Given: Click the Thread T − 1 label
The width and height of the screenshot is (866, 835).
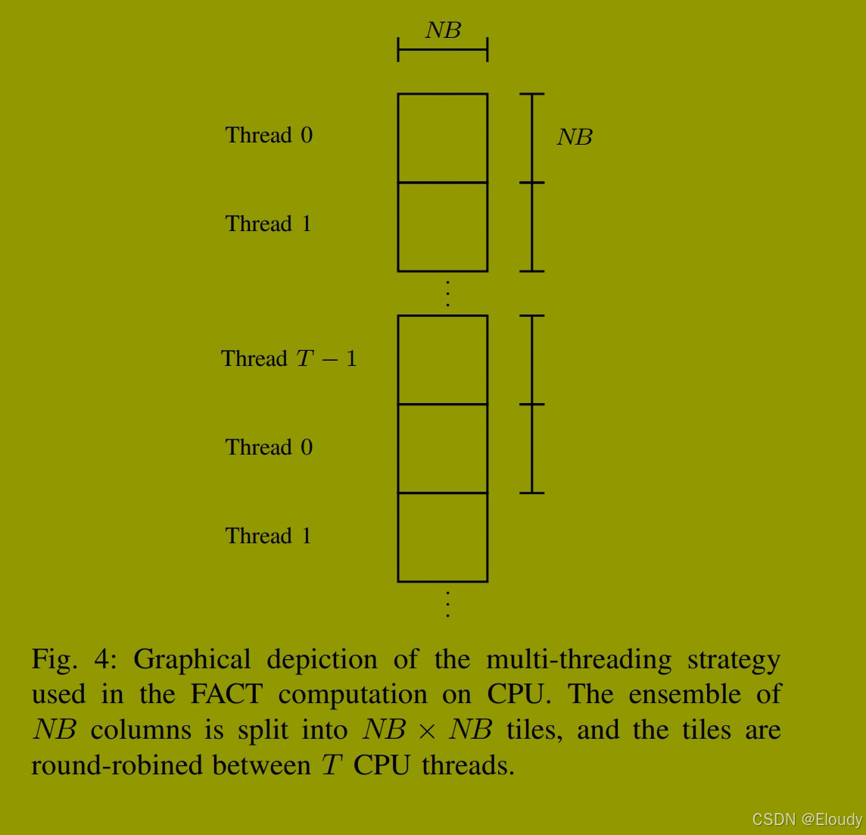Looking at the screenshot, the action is (x=288, y=358).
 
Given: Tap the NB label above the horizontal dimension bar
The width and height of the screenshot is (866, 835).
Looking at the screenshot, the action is (x=443, y=30).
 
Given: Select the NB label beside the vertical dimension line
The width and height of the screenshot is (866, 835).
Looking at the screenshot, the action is (x=575, y=137).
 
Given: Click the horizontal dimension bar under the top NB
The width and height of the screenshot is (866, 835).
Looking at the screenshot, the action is (x=443, y=50).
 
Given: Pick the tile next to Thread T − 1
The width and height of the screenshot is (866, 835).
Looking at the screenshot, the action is (x=443, y=360).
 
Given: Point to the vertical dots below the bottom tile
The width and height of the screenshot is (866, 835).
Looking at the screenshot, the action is (x=448, y=605).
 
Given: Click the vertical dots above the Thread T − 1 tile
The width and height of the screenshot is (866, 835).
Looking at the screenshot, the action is (x=448, y=293).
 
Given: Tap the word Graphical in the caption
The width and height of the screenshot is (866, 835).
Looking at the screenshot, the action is (x=192, y=660).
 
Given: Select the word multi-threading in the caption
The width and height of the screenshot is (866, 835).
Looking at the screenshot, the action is (x=578, y=660).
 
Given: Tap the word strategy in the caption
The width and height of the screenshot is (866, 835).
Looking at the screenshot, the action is (x=734, y=660).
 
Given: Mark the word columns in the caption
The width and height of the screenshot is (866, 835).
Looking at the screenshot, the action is (x=141, y=730).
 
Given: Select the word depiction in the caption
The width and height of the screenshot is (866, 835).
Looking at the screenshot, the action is (x=322, y=660).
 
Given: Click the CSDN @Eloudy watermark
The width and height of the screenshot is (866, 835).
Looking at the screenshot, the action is (x=807, y=820).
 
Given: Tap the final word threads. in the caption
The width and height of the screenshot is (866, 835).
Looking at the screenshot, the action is (x=468, y=765).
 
